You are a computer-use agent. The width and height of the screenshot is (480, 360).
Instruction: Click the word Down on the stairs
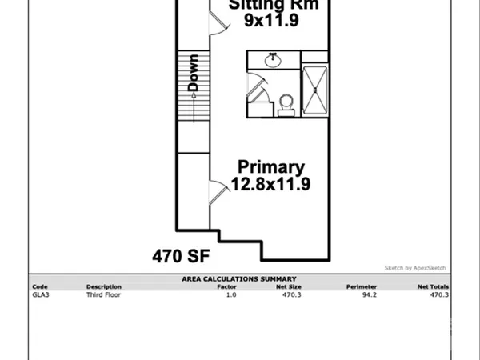[x=193, y=71]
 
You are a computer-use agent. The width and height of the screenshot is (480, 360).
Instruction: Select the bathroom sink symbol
[x=272, y=59]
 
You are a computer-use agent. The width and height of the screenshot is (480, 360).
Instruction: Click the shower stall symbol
[x=314, y=90]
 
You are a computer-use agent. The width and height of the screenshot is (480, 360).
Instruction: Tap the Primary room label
[x=271, y=167]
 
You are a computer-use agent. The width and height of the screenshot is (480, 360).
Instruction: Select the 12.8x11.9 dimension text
[x=271, y=184]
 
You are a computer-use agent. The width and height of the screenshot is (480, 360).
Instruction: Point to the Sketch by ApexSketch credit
[x=415, y=268]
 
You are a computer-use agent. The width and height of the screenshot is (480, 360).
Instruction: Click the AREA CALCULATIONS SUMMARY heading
[x=239, y=278]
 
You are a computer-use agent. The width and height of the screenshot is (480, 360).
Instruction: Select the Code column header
[x=39, y=286]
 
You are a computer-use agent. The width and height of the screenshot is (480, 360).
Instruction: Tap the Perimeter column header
[x=361, y=286]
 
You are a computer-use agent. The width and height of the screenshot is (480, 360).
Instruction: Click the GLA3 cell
[x=40, y=294]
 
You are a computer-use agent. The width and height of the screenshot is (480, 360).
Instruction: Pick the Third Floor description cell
[x=103, y=294]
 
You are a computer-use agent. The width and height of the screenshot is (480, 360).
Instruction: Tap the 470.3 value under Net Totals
[x=440, y=294]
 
